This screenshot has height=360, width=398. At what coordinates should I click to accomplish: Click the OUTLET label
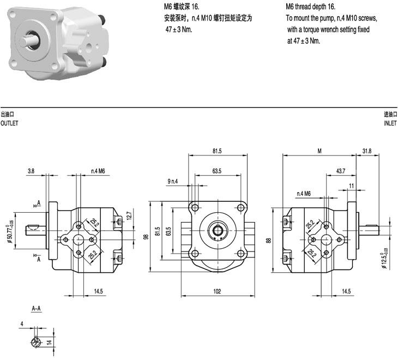tap(9, 123)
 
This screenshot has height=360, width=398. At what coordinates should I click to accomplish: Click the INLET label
tap(390, 123)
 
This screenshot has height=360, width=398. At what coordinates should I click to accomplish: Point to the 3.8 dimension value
tap(32, 171)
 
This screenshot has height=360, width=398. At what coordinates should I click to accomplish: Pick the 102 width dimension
tap(217, 292)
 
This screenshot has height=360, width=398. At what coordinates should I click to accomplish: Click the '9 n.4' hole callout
tap(173, 181)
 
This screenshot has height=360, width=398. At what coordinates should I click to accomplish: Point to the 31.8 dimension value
tap(366, 151)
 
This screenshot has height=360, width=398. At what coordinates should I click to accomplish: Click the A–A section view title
tap(36, 309)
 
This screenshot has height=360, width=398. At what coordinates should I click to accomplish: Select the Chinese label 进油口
tap(390, 114)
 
